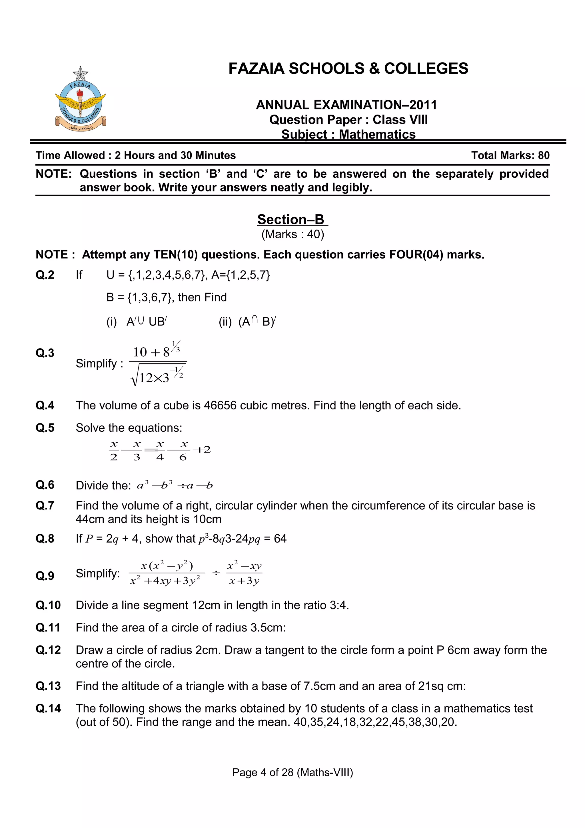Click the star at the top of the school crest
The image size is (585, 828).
click(x=80, y=74)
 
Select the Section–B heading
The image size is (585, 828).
click(x=292, y=219)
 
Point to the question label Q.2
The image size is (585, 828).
click(x=45, y=275)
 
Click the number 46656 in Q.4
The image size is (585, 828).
click(x=220, y=405)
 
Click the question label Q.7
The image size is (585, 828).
click(x=45, y=506)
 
